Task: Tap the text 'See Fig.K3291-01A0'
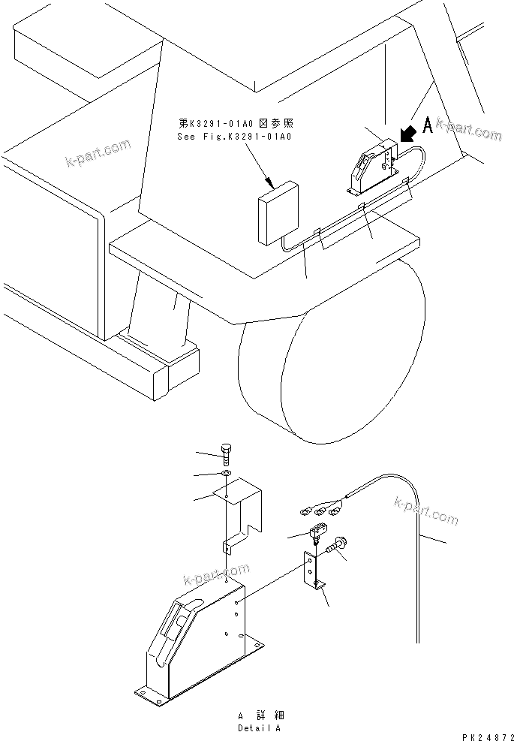pyautogui.click(x=234, y=137)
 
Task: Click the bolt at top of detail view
pyautogui.click(x=227, y=453)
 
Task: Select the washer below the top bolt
pyautogui.click(x=227, y=474)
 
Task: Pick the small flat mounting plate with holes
pyautogui.click(x=311, y=571)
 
